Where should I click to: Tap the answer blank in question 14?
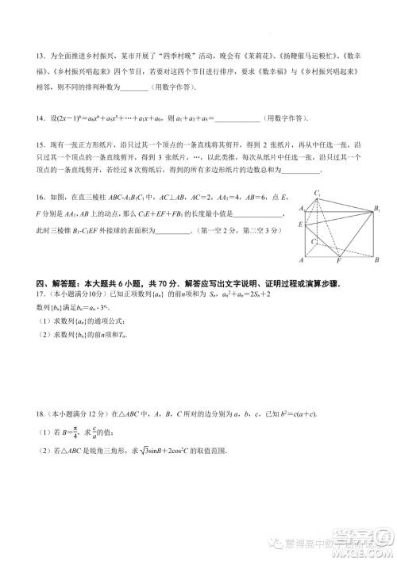(x=237, y=119)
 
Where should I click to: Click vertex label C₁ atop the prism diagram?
(x=317, y=193)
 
